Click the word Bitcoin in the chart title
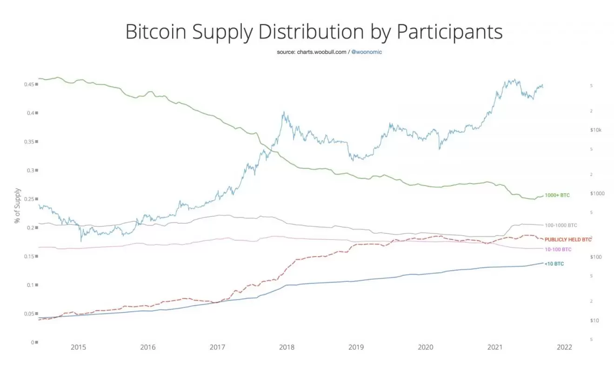pos(158,32)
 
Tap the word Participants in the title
pos(449,32)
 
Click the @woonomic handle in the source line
pos(367,52)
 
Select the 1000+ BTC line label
pos(557,196)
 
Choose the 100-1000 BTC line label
pos(561,225)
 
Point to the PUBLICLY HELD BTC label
pos(568,239)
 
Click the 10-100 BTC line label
pos(558,250)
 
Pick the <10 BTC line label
pos(554,264)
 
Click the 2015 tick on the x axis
pos(78,348)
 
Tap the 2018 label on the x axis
pos(287,348)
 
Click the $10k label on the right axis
pos(595,130)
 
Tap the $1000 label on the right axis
pos(596,193)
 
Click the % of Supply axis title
pos(18,205)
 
